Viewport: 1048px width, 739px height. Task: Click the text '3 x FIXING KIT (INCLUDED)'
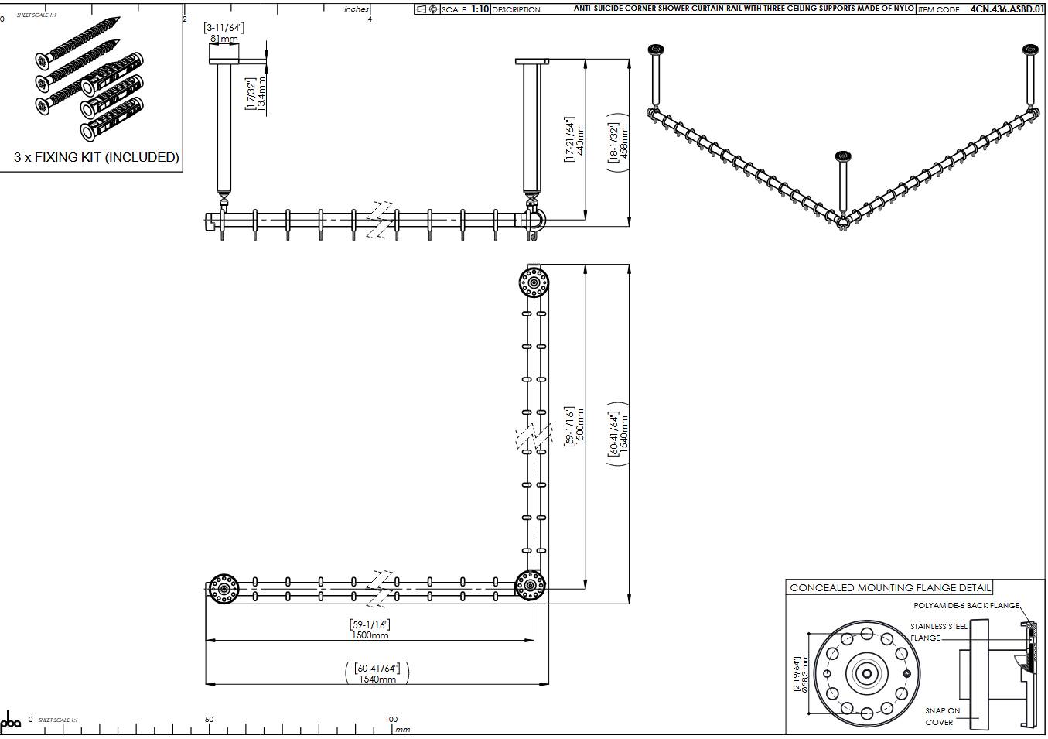[97, 157]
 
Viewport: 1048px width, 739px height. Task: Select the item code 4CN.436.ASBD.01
[1006, 9]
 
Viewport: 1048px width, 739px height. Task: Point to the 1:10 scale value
[479, 9]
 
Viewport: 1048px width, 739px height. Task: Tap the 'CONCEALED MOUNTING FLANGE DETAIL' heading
[889, 588]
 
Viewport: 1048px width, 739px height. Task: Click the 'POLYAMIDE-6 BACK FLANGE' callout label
[966, 606]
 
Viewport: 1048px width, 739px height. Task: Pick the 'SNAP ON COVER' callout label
[942, 717]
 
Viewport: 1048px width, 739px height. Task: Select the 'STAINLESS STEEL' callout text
[938, 627]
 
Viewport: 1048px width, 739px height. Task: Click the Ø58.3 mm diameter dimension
[804, 675]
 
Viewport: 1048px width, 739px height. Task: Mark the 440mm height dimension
[580, 139]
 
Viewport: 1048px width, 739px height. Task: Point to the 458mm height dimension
[625, 142]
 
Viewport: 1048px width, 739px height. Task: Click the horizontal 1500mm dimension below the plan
[370, 635]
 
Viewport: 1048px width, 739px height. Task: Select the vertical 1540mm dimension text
[625, 433]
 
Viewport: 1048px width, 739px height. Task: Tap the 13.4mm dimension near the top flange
[261, 94]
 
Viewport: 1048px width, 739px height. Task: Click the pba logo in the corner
[11, 723]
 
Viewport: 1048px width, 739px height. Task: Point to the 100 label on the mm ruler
[391, 719]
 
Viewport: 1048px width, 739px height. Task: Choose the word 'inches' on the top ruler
[357, 9]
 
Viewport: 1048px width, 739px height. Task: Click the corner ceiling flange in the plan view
[530, 586]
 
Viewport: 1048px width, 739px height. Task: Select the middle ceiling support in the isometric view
[842, 186]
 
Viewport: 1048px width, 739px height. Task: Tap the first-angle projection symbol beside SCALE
[427, 9]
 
